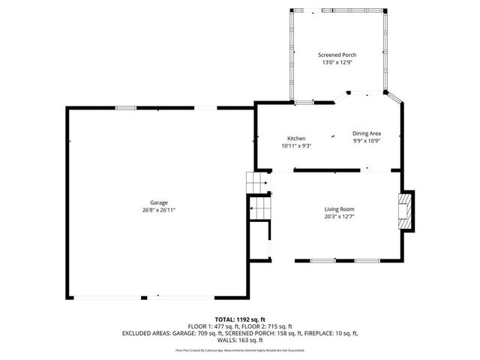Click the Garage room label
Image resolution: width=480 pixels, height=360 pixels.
[158, 202]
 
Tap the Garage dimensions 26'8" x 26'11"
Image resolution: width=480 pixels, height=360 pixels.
[158, 210]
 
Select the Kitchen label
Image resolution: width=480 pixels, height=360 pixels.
[296, 139]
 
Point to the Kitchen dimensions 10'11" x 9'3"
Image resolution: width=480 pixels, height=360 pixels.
[296, 146]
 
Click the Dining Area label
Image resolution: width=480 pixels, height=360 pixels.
[367, 133]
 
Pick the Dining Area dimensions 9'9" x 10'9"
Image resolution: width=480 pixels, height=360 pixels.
[367, 141]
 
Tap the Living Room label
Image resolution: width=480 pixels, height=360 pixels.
[339, 209]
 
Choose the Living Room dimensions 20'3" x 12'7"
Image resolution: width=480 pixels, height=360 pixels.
[339, 217]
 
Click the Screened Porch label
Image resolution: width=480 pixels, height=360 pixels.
[337, 55]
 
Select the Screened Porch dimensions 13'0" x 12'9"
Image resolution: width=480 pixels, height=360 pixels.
[337, 62]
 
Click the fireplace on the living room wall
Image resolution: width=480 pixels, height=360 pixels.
[406, 211]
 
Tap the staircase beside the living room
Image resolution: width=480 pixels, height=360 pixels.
[258, 197]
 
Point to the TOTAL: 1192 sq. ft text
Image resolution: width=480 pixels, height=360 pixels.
[240, 319]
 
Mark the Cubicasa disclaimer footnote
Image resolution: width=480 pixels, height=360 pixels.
[240, 350]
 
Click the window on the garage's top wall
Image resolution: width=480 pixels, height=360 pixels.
[126, 108]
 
